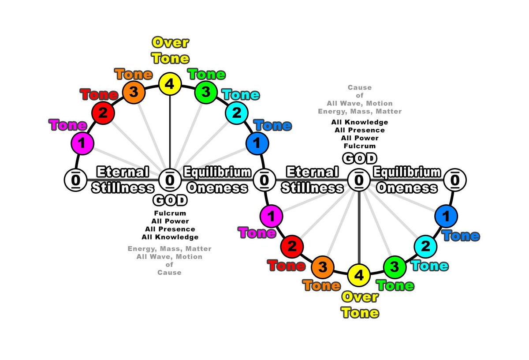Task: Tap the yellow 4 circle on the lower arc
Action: click(x=359, y=275)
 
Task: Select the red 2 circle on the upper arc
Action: click(x=103, y=113)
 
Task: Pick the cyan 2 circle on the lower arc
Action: click(x=425, y=247)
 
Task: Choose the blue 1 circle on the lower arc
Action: click(x=446, y=217)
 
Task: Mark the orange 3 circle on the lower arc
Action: click(x=323, y=267)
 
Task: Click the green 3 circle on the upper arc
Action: click(x=205, y=92)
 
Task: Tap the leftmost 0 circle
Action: click(x=75, y=180)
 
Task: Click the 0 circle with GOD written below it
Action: click(x=170, y=180)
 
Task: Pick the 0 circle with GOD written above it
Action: click(x=359, y=180)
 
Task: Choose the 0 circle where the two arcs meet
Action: click(x=264, y=180)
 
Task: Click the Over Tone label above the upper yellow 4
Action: click(x=170, y=51)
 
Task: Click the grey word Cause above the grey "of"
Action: click(x=359, y=88)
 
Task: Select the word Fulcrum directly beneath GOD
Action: click(x=170, y=214)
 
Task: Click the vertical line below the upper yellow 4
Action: click(x=170, y=132)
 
